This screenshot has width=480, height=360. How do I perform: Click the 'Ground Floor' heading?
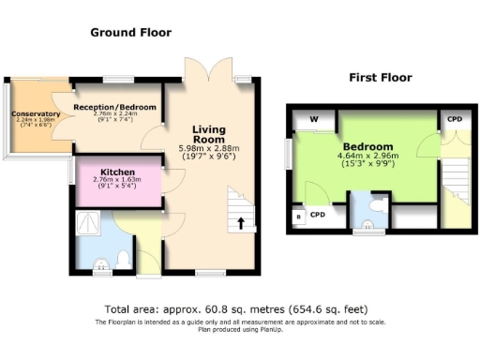point(130,32)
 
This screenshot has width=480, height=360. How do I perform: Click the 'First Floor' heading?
point(381,77)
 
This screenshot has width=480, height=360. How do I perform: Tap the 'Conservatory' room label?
point(36,114)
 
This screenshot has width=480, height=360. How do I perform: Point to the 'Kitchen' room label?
point(118,172)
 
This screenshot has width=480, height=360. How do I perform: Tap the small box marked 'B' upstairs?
point(299,217)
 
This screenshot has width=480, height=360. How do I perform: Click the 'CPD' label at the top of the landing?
point(454,120)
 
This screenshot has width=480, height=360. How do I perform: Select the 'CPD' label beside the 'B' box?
point(318,215)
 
